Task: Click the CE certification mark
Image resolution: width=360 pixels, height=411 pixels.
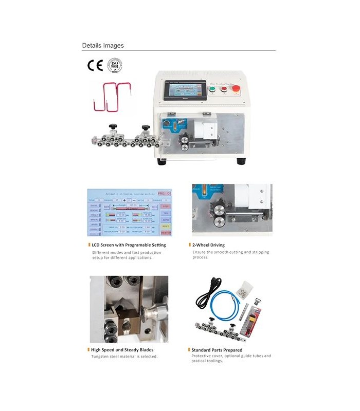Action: pyautogui.click(x=95, y=65)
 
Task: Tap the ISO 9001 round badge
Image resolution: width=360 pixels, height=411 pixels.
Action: pyautogui.click(x=114, y=66)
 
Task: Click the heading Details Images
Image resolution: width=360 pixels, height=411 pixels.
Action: pyautogui.click(x=103, y=46)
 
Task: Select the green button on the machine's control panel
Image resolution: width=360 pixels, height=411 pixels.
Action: pyautogui.click(x=212, y=89)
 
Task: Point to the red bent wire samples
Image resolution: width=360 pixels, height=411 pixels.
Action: pyautogui.click(x=109, y=97)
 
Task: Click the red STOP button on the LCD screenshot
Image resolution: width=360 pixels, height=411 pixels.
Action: pyautogui.click(x=166, y=206)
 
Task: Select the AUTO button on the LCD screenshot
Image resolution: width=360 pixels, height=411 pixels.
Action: pyautogui.click(x=166, y=219)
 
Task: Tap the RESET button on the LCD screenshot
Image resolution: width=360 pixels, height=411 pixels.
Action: pyautogui.click(x=166, y=226)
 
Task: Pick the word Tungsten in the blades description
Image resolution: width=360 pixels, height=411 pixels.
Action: pyautogui.click(x=101, y=356)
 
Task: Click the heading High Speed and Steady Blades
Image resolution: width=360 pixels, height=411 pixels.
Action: pyautogui.click(x=122, y=349)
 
